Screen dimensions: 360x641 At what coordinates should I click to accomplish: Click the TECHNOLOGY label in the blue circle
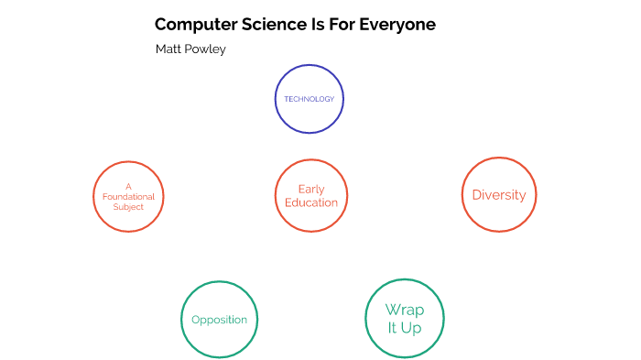click(309, 99)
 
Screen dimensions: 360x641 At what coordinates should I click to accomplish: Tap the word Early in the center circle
click(311, 190)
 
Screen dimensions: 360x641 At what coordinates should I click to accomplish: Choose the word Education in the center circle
click(311, 202)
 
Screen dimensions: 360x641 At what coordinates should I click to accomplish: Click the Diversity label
click(498, 195)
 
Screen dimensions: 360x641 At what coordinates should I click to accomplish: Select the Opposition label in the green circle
click(219, 320)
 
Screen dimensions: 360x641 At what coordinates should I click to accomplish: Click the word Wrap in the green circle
click(404, 310)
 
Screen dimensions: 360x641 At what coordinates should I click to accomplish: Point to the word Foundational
click(129, 197)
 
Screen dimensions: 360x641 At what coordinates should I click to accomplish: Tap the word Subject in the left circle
click(129, 207)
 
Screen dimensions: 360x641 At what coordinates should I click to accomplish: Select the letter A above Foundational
click(129, 187)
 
